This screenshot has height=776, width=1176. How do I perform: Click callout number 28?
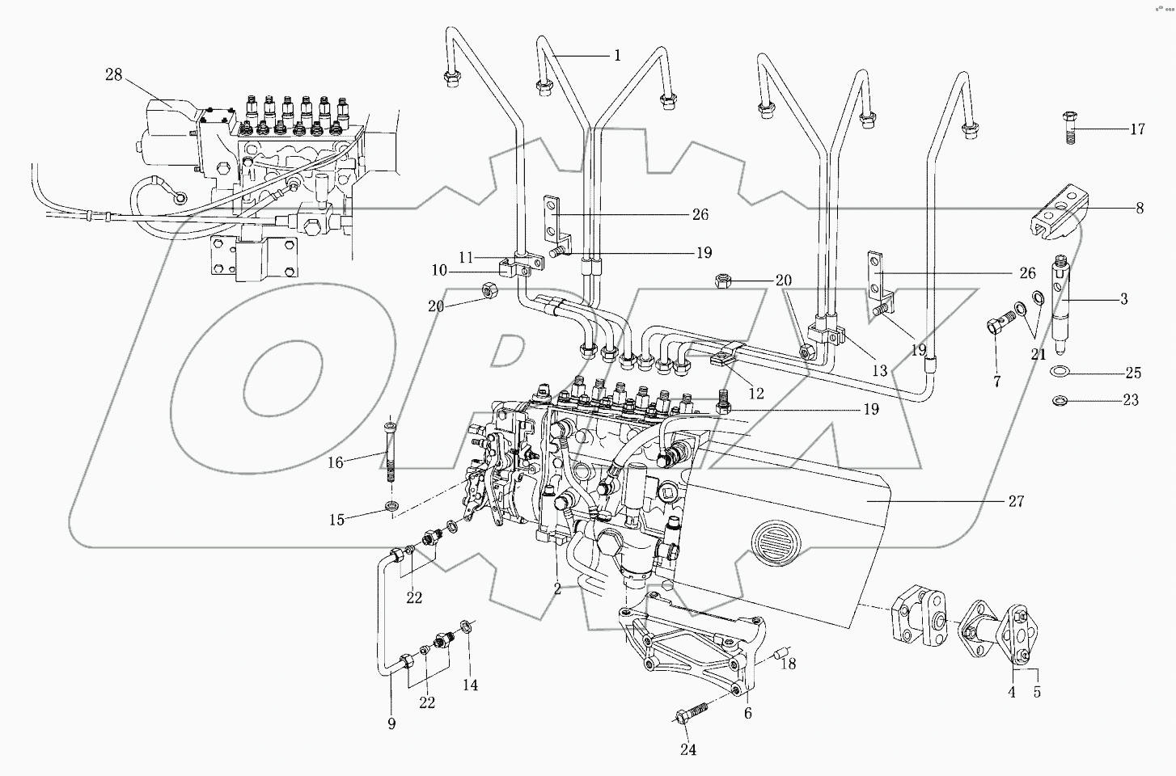coord(113,75)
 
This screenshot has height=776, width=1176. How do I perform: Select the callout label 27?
coord(1016,501)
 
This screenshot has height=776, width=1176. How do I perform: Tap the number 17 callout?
coord(1137,129)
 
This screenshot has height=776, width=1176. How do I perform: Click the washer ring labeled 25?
coord(1061,372)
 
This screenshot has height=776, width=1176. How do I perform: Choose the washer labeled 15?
coord(392,507)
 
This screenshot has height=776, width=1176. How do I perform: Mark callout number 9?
coord(391,724)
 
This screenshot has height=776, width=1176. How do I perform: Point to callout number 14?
coord(470,685)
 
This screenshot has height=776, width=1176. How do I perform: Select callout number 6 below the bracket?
coord(748,713)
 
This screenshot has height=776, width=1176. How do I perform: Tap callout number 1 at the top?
coord(617,55)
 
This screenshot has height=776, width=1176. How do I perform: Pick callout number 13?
coord(879,371)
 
